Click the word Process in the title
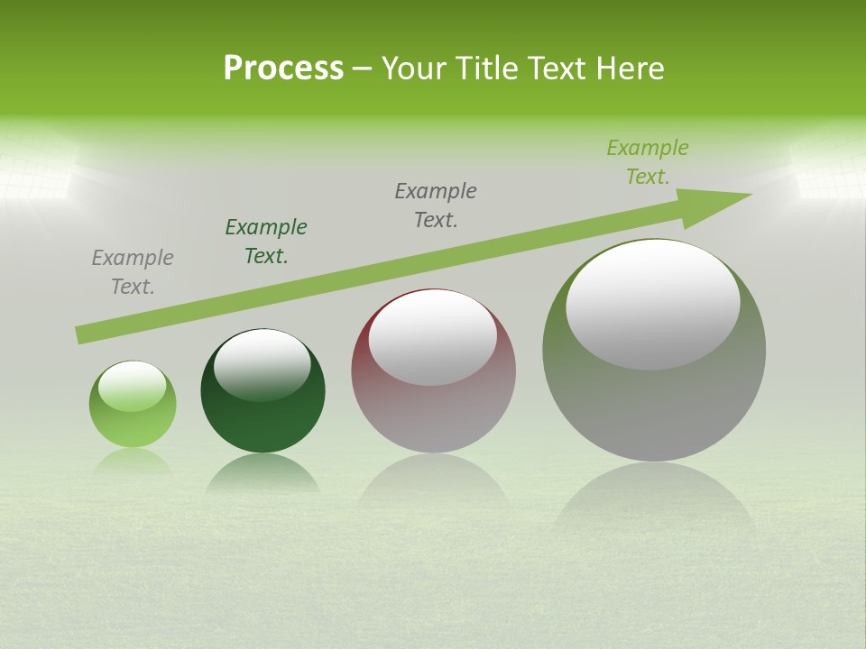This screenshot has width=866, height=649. coord(283,69)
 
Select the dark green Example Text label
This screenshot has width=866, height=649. coord(266,242)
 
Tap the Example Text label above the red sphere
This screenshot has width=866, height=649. coord(436,206)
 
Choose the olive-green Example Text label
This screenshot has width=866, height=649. coord(648,162)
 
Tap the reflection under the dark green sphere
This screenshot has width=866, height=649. coord(262,473)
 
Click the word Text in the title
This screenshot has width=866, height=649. coord(559,69)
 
